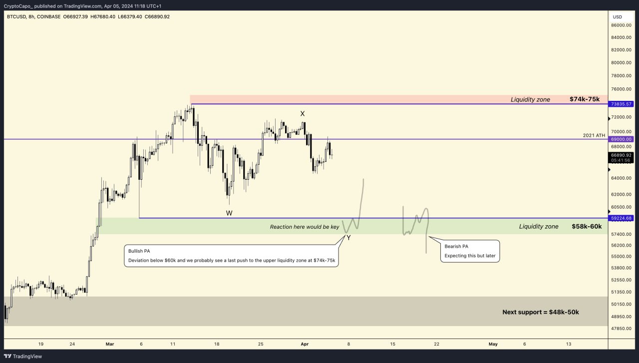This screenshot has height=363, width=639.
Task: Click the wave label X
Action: (303, 114)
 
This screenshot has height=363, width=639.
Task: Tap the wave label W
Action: (229, 213)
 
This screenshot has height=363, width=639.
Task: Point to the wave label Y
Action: (348, 238)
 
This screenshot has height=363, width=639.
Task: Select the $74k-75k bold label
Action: (585, 99)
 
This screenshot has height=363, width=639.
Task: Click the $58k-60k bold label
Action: (587, 227)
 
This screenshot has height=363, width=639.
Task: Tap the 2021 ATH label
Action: (594, 135)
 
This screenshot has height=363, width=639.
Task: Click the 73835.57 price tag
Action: (621, 104)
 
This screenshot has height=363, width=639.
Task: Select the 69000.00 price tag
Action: (621, 139)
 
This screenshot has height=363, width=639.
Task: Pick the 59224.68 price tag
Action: (621, 218)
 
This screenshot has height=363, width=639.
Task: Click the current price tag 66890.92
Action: (621, 155)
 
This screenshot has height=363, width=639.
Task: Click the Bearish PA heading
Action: (456, 246)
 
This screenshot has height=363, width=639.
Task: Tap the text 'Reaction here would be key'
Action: (305, 227)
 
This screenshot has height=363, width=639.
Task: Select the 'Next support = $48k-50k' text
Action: (541, 312)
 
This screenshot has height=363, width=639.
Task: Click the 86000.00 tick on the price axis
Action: (621, 25)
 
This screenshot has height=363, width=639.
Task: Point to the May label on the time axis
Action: (493, 344)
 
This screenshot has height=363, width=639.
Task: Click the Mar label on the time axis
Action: (110, 344)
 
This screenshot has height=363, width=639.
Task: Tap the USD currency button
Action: (618, 16)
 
